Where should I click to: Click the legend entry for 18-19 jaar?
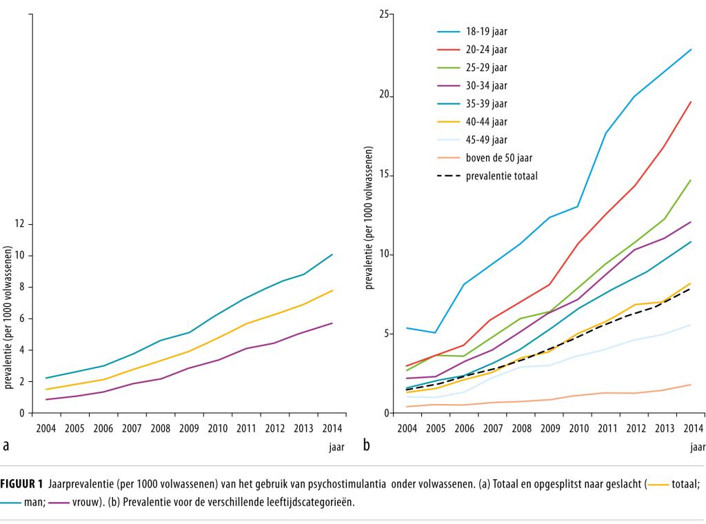[487, 32]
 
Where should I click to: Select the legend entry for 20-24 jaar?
[487, 50]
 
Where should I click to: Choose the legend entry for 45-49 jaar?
[487, 140]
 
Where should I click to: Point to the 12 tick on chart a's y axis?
[19, 224]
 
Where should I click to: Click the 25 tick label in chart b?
[388, 14]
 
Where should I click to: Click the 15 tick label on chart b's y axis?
[388, 176]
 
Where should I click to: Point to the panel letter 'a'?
[6, 446]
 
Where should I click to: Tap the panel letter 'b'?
[367, 446]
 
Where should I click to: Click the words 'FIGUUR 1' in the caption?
[22, 484]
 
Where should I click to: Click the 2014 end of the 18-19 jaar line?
[691, 50]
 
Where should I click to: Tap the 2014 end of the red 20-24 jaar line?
[691, 102]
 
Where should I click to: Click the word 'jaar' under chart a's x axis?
[336, 447]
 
